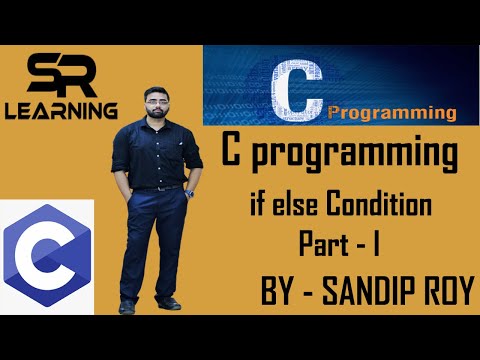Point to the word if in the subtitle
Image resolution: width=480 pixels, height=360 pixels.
click(x=259, y=208)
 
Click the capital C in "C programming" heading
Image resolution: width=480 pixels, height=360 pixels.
click(x=232, y=158)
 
